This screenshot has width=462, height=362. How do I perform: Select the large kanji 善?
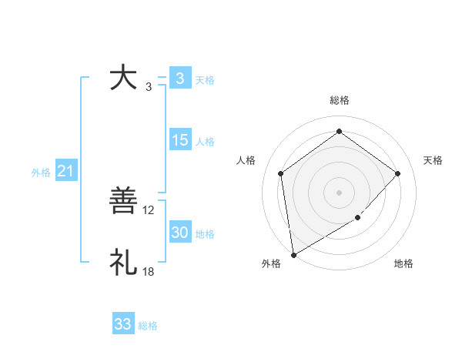click(x=123, y=202)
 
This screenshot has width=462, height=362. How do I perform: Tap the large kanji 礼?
click(x=123, y=262)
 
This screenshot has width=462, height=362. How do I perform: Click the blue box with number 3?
click(x=179, y=78)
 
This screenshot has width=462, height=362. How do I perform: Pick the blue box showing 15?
click(x=179, y=140)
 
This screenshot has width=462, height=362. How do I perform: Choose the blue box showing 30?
click(x=179, y=233)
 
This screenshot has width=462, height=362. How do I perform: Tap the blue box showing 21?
click(x=65, y=171)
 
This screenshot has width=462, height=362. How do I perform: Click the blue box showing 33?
click(x=123, y=324)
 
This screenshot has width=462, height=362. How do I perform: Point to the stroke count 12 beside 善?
click(x=149, y=209)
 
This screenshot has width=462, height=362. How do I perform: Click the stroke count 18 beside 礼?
click(x=149, y=271)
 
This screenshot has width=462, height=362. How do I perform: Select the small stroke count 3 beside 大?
click(x=149, y=86)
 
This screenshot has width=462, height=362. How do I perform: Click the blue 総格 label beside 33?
click(x=148, y=326)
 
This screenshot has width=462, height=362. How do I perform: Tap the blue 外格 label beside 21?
click(x=41, y=173)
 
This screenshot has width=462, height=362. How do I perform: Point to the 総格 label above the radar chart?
click(x=340, y=100)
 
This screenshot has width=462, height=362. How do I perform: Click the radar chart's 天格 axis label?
click(x=434, y=160)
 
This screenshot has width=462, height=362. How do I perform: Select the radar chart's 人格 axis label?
click(x=246, y=160)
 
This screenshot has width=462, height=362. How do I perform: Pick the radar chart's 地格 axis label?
click(x=403, y=263)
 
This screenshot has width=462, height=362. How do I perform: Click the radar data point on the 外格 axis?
click(x=293, y=254)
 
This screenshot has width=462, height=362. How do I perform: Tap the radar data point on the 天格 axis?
click(x=397, y=173)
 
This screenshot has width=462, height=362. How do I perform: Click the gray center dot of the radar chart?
click(x=340, y=192)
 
